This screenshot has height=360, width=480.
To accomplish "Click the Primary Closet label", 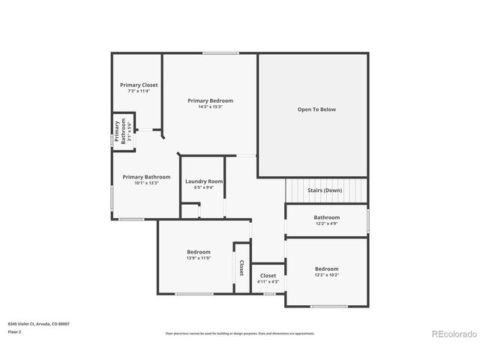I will pos(139,85).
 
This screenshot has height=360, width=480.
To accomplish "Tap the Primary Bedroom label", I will pos(210,100).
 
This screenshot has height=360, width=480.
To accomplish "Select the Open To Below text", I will pos(316,109).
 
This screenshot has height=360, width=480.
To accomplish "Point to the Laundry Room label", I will pos(204,181).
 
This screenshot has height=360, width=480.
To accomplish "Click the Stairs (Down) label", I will pos(325,190).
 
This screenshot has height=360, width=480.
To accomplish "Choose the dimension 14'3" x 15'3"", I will pos(210,106).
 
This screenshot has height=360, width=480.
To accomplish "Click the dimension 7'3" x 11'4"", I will pos(139,91).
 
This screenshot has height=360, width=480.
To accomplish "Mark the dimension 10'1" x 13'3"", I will pos(146,183).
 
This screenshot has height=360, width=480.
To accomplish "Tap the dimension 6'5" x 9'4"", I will pos(204,187).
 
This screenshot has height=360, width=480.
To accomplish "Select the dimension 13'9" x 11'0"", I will pos(198,258).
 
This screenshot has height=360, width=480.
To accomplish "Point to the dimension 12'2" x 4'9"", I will pos(326,223).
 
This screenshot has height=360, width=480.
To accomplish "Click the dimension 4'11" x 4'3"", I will pos(268,282).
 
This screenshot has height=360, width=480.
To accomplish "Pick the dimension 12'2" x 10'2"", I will pos(326,275).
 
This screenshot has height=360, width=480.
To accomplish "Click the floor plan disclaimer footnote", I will pos(239,333).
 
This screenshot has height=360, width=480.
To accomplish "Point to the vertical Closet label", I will pos(241,268).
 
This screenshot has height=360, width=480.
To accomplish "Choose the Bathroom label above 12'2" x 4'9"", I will pos(326,217).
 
